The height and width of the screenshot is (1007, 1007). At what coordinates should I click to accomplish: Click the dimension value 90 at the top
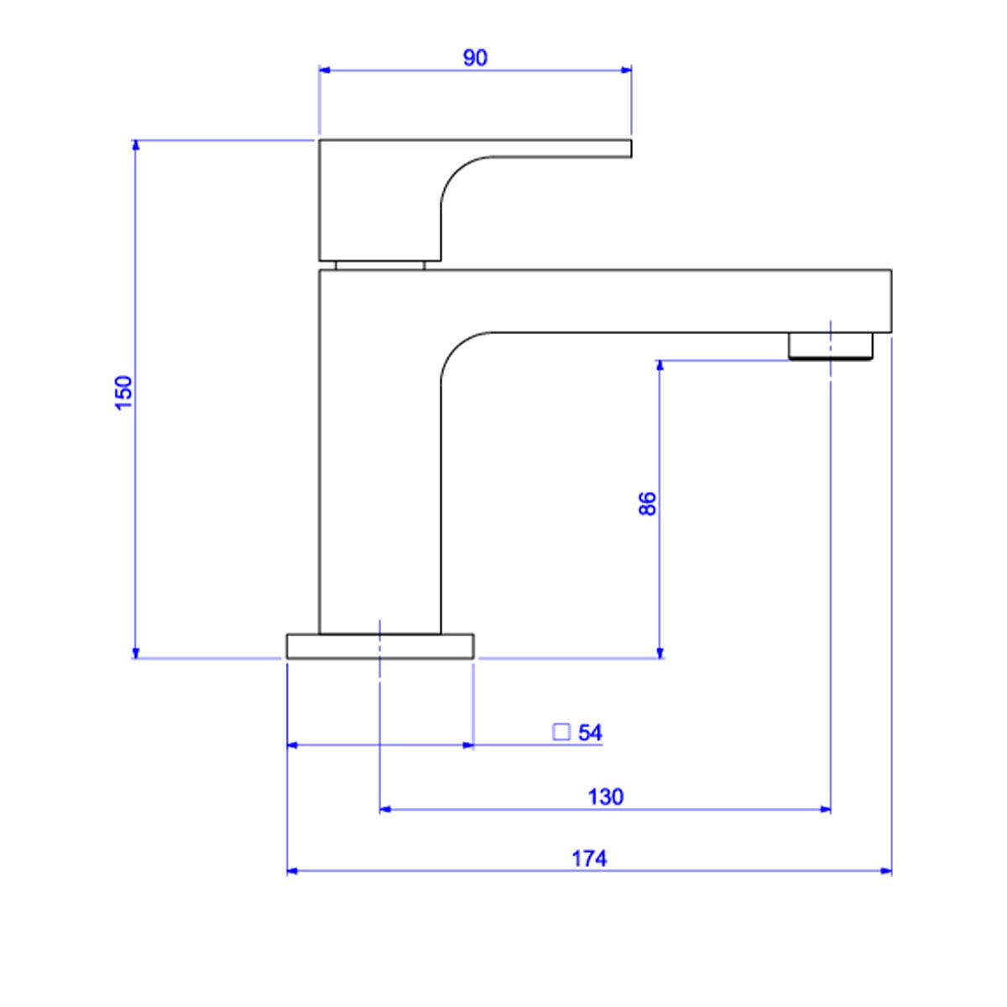click(x=475, y=58)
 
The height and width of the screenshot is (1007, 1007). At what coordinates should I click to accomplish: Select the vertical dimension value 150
click(x=124, y=393)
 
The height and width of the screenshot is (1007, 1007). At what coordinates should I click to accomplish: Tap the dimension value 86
click(x=648, y=503)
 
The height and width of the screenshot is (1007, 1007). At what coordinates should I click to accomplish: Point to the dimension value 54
click(x=590, y=733)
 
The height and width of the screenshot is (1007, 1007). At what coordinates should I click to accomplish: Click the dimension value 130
click(x=606, y=797)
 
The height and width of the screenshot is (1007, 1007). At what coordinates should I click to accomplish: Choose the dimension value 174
click(x=589, y=858)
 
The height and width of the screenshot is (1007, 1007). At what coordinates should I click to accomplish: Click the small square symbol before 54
click(x=561, y=732)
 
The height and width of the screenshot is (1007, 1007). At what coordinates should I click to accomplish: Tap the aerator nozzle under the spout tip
click(x=831, y=346)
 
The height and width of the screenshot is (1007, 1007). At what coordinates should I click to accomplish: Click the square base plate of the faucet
click(x=380, y=646)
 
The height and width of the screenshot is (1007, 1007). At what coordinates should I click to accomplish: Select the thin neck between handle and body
click(x=380, y=265)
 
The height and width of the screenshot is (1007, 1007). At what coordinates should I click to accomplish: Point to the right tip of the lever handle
click(x=631, y=149)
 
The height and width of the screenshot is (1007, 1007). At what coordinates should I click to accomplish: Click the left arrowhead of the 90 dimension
click(x=325, y=70)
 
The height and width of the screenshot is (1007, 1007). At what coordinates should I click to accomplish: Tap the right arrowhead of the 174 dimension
click(x=886, y=871)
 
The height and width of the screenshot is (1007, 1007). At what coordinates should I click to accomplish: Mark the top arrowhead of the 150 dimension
click(x=136, y=146)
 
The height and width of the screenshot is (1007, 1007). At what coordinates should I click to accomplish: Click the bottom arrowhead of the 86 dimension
click(x=660, y=653)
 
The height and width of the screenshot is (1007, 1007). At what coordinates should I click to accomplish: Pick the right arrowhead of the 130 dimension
click(x=825, y=810)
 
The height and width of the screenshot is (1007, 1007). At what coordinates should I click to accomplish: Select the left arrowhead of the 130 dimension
click(x=386, y=810)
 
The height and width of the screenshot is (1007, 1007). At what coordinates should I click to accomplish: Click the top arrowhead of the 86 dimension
click(x=660, y=367)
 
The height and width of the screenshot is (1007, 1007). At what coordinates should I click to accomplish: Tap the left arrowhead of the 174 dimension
click(x=293, y=871)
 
